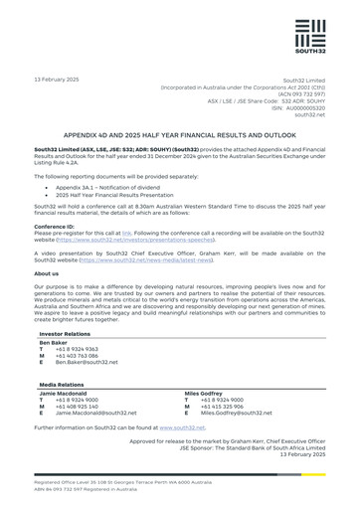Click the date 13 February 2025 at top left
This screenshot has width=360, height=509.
click(58, 79)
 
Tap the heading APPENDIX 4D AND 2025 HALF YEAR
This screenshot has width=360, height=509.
click(179, 131)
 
